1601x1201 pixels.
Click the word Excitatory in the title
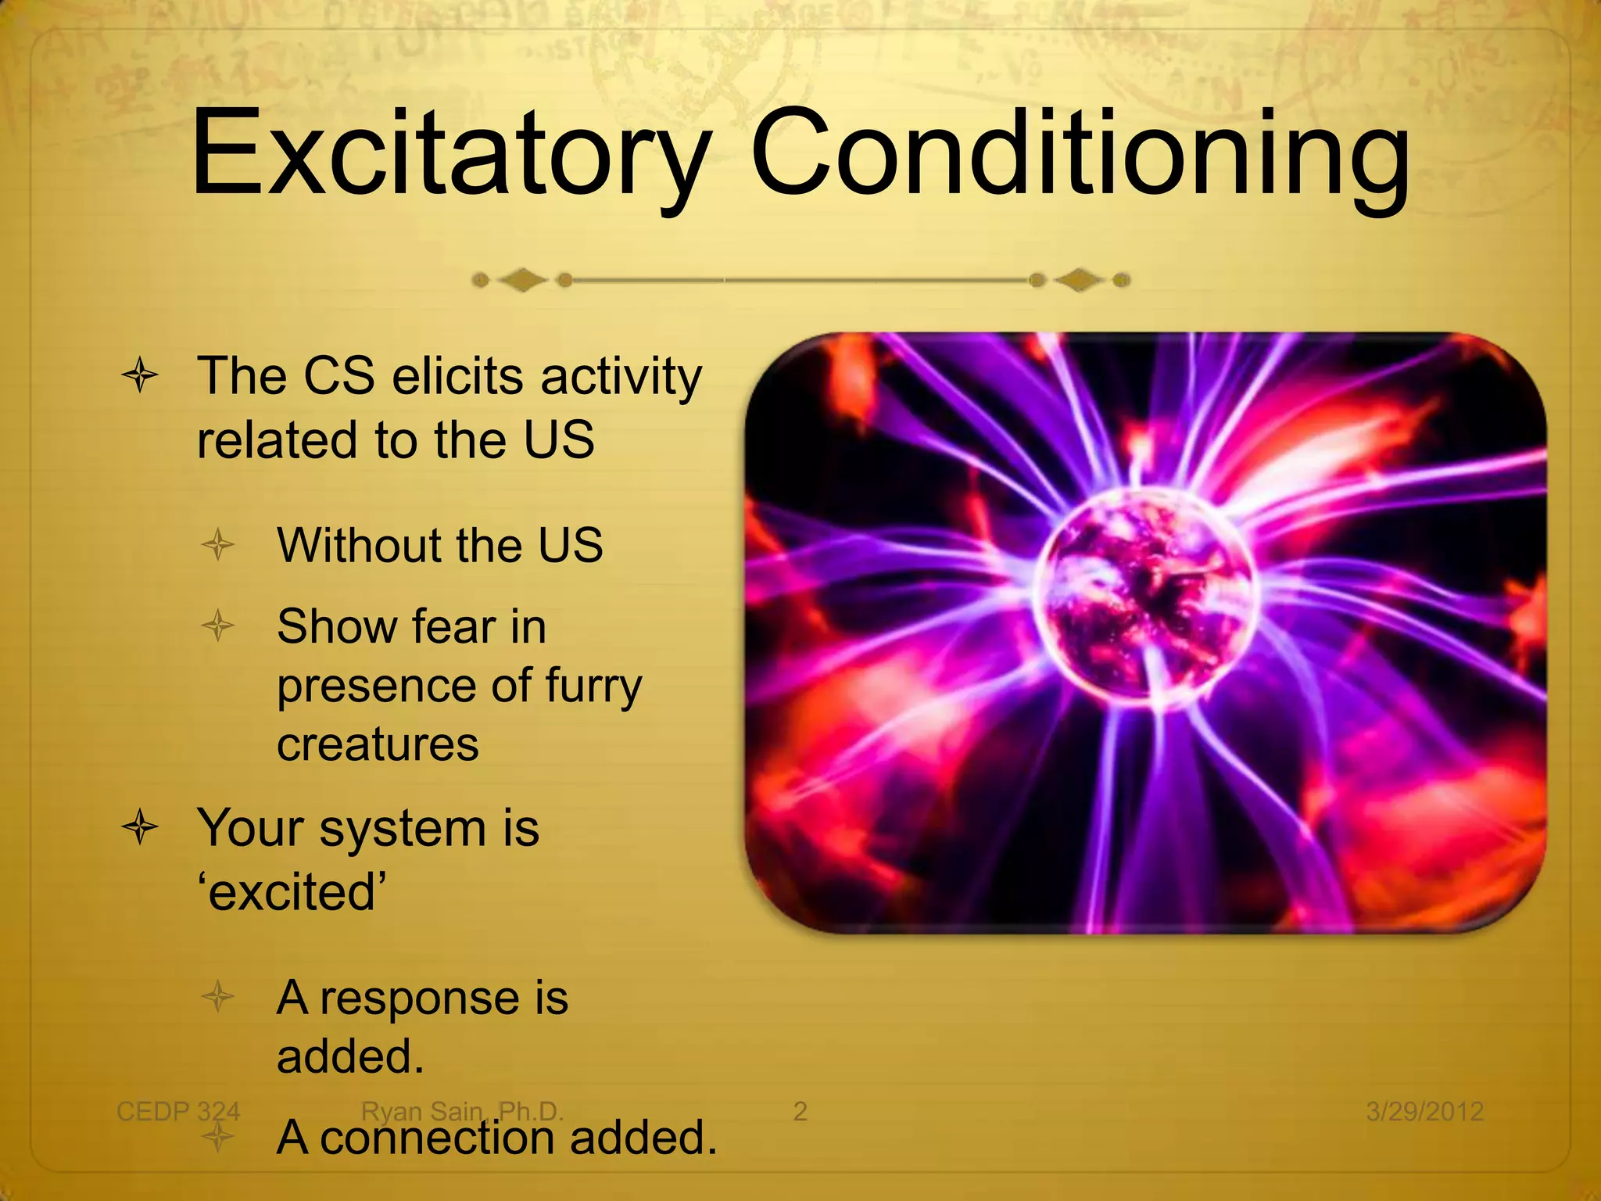click(449, 152)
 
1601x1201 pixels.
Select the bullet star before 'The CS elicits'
click(141, 376)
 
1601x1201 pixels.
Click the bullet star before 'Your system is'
click(141, 828)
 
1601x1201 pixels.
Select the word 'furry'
click(593, 687)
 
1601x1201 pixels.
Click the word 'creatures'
click(378, 744)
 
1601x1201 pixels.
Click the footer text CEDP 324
click(178, 1111)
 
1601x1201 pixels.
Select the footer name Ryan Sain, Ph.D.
click(462, 1111)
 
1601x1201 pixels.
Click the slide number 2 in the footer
click(800, 1111)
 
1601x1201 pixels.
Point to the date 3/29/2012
click(1424, 1111)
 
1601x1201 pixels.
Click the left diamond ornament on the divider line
click(523, 280)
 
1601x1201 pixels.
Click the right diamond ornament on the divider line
click(1080, 280)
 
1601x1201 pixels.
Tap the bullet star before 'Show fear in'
click(218, 626)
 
